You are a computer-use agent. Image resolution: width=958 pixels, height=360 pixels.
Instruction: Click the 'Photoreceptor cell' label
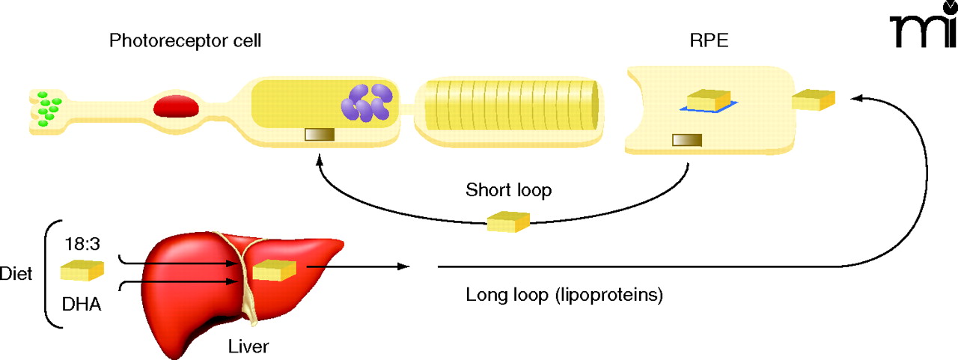coord(185,41)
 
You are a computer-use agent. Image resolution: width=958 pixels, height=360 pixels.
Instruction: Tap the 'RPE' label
coord(708,41)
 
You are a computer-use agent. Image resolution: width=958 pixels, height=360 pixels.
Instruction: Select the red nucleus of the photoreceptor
coord(177,106)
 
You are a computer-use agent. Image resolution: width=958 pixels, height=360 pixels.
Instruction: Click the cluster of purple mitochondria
coord(367,103)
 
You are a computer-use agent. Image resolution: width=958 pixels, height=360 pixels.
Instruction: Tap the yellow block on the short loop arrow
coord(508,222)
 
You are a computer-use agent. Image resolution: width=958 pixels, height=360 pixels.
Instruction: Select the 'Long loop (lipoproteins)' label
coord(564,295)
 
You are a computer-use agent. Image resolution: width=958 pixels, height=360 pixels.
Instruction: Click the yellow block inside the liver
coord(274,270)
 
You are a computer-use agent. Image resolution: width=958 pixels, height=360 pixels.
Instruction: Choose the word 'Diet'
coord(16,274)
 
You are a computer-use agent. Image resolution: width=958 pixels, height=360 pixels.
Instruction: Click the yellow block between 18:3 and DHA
coord(82,271)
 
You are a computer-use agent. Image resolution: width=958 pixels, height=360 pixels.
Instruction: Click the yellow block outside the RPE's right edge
coord(813,100)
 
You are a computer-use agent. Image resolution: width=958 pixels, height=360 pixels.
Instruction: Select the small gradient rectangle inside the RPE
coord(686,140)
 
